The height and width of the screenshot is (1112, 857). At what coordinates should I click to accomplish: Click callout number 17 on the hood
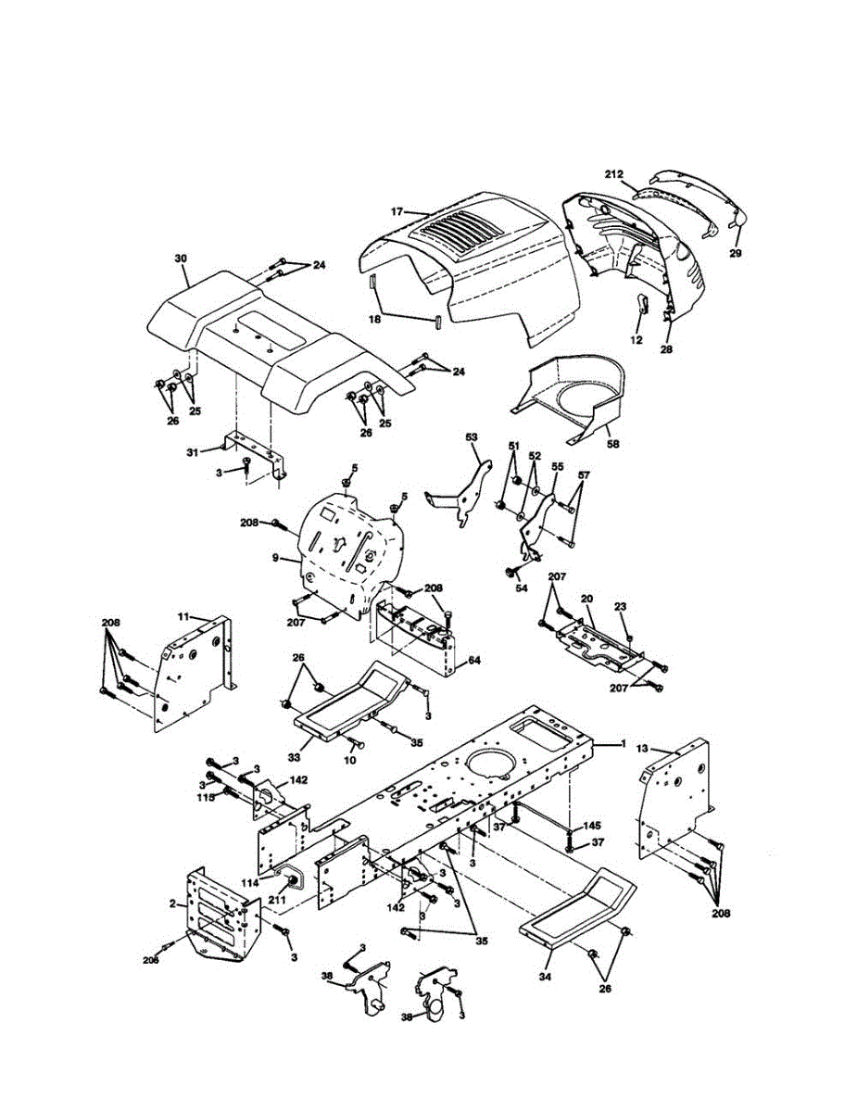click(x=397, y=212)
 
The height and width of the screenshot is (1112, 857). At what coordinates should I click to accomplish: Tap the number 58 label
click(x=612, y=445)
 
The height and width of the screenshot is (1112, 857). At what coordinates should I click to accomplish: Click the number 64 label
click(x=474, y=660)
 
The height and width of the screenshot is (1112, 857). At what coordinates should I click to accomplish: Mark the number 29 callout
click(x=735, y=253)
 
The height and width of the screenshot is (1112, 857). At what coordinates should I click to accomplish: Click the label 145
click(x=591, y=826)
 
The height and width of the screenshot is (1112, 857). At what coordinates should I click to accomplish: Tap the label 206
click(x=151, y=960)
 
